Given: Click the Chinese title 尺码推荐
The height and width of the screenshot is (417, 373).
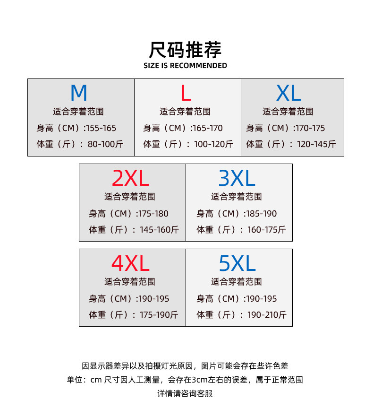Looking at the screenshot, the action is pyautogui.click(x=185, y=49).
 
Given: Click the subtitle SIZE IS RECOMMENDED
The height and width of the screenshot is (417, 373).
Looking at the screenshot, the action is pyautogui.click(x=185, y=66).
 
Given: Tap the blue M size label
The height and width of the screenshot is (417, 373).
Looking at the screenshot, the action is pyautogui.click(x=79, y=93).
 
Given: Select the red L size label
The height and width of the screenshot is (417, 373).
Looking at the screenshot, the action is pyautogui.click(x=186, y=93).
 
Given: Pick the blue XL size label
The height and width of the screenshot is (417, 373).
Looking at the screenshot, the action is pyautogui.click(x=288, y=93).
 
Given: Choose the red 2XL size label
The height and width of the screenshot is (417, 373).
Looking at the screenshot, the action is pyautogui.click(x=130, y=178).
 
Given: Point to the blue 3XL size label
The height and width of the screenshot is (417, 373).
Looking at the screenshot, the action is pyautogui.click(x=237, y=178).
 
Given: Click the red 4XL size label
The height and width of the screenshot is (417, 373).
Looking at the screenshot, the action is pyautogui.click(x=130, y=263).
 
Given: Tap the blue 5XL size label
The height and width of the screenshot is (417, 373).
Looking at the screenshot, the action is pyautogui.click(x=237, y=263).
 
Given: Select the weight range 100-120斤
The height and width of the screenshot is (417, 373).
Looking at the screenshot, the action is pyautogui.click(x=214, y=144).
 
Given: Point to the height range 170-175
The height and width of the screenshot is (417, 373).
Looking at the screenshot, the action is pyautogui.click(x=309, y=128).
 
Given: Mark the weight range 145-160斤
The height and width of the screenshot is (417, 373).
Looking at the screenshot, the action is pyautogui.click(x=159, y=230).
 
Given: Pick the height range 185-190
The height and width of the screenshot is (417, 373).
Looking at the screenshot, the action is pyautogui.click(x=261, y=214).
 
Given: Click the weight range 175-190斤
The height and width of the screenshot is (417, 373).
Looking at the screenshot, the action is pyautogui.click(x=159, y=315).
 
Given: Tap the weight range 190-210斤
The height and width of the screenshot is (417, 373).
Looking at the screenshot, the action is pyautogui.click(x=267, y=315).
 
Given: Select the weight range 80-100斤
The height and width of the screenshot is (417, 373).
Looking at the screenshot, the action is pyautogui.click(x=105, y=144).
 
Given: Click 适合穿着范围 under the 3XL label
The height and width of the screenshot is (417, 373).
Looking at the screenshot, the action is pyautogui.click(x=236, y=197).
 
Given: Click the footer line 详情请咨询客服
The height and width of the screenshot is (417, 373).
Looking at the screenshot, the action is pyautogui.click(x=185, y=393).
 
